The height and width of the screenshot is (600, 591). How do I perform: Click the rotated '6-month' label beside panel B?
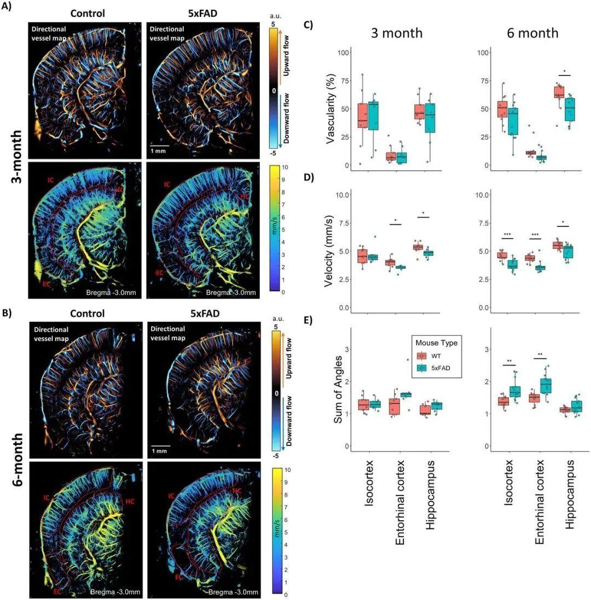point(15,457)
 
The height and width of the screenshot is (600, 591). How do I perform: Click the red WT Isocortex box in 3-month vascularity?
point(362,115)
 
